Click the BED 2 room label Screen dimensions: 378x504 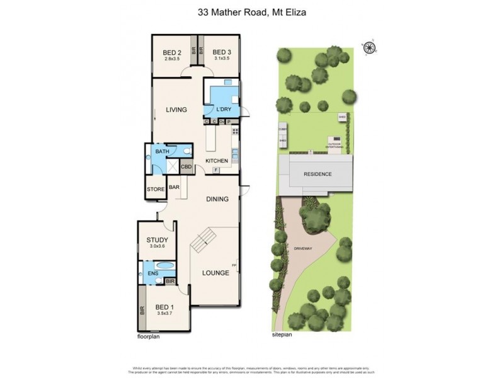pyautogui.click(x=172, y=52)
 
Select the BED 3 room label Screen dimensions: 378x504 pyautogui.click(x=221, y=52)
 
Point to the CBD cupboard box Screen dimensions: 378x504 pyautogui.click(x=186, y=168)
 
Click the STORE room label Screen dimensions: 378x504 pyautogui.click(x=156, y=189)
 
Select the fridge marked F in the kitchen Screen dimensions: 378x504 pyautogui.click(x=216, y=171)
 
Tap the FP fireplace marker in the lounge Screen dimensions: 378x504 pyautogui.click(x=235, y=266)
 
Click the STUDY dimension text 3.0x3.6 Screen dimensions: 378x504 pyautogui.click(x=156, y=247)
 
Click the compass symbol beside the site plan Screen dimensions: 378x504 pyautogui.click(x=368, y=45)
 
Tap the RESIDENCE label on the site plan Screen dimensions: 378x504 pyautogui.click(x=318, y=174)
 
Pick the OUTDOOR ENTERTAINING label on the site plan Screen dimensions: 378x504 pyautogui.click(x=333, y=146)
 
